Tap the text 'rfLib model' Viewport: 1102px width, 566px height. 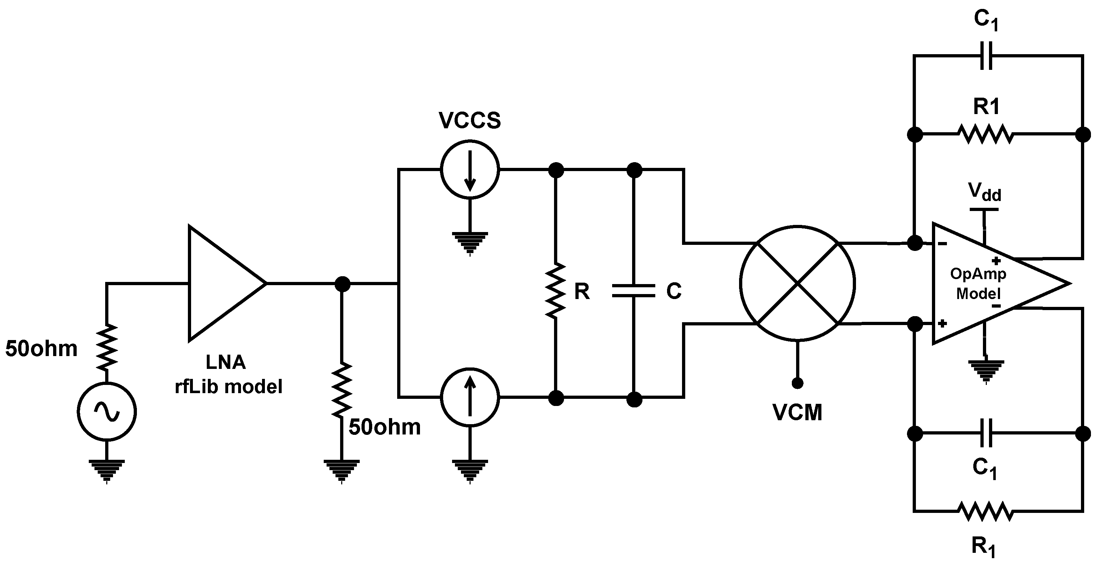click(229, 387)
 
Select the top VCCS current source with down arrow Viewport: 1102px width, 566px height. click(470, 169)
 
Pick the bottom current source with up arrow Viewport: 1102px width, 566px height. click(470, 397)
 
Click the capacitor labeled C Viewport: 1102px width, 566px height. click(634, 291)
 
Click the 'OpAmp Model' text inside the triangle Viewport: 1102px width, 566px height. click(978, 283)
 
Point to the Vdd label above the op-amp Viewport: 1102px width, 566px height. click(984, 192)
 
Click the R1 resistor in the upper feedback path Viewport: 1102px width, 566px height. click(985, 134)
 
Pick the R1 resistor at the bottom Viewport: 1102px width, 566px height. click(985, 511)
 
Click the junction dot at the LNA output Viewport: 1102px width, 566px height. click(342, 284)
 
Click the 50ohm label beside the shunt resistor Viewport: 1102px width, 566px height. click(385, 427)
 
